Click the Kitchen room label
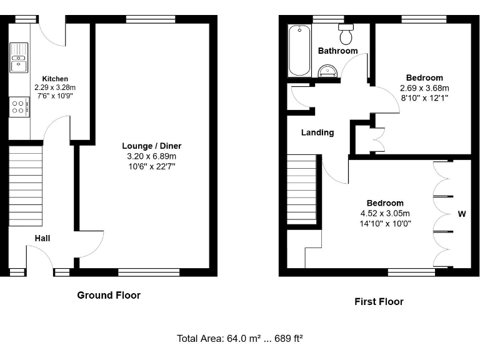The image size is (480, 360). pos(51,79)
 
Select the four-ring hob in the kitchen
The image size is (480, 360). pos(19,107)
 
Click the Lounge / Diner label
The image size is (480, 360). pos(151,146)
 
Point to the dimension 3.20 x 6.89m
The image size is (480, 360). pos(151,156)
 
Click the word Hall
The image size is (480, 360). pos(42,238)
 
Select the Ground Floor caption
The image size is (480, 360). pos(109,295)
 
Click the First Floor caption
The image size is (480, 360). pos(379,301)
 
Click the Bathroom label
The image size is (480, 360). pos(337,51)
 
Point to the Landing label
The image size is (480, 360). pos(317,132)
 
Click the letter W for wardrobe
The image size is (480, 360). pos(462,214)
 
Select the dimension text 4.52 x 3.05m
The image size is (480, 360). pos(385,214)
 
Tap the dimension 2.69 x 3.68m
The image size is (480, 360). pos(424,88)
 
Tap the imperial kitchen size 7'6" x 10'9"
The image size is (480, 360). pos(51,97)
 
